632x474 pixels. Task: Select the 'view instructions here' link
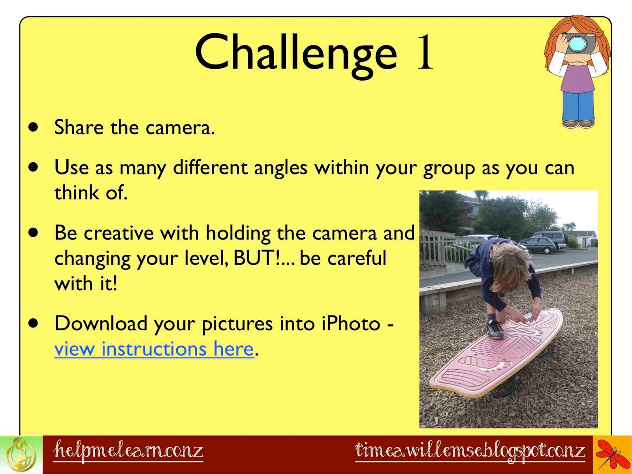(x=154, y=348)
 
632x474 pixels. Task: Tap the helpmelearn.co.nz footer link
(x=128, y=451)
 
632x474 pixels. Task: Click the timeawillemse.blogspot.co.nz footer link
(x=470, y=451)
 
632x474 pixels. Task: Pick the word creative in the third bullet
(x=118, y=233)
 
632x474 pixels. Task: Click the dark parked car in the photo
(x=538, y=245)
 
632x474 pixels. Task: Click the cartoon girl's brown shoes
(x=578, y=124)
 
